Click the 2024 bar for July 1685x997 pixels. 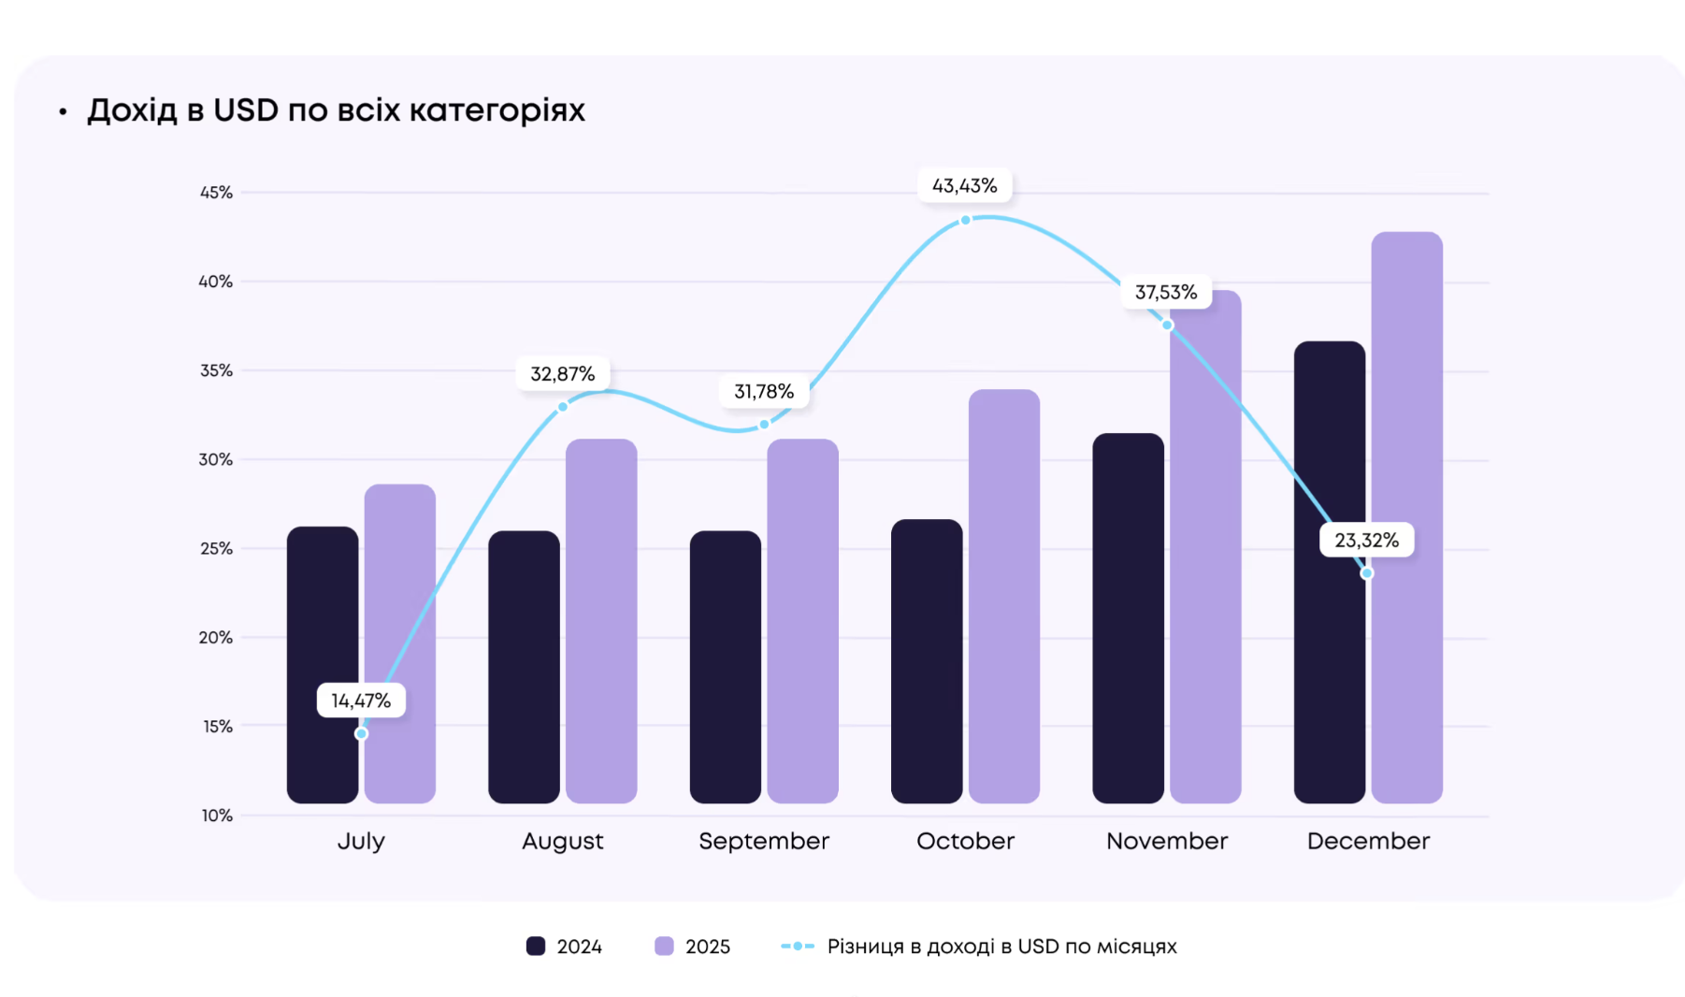coord(322,664)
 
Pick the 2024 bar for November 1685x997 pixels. coord(1128,617)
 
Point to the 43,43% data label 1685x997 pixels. coord(964,186)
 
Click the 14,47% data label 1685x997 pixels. coord(361,701)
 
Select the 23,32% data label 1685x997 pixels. coord(1366,541)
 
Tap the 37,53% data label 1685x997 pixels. coord(1166,293)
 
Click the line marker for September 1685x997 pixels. coord(764,425)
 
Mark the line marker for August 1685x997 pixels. coord(562,407)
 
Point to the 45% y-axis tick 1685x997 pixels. coord(216,193)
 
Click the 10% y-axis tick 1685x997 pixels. coord(217,816)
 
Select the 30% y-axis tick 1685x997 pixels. coord(216,459)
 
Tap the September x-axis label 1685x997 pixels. coord(764,841)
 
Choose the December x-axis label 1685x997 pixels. coord(1368,841)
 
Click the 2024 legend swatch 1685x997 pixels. coord(536,946)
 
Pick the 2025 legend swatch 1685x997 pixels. coord(664,946)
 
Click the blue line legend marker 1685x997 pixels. coord(798,946)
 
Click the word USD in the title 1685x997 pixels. coord(246,110)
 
